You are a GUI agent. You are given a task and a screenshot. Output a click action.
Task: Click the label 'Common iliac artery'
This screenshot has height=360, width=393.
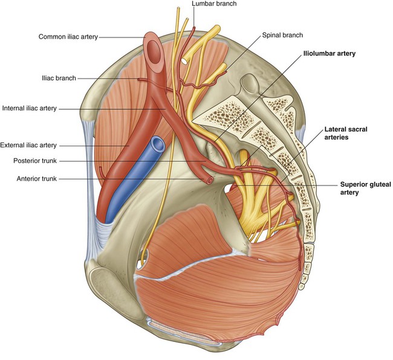pos(68,37)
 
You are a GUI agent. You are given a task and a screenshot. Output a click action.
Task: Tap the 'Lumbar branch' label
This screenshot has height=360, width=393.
pos(214,4)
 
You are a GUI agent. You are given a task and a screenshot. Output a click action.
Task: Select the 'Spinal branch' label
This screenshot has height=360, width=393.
pos(282,35)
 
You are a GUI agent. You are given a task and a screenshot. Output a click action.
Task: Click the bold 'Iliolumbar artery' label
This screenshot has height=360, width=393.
pos(330,54)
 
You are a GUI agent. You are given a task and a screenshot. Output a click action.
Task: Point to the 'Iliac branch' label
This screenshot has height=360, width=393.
pos(59,78)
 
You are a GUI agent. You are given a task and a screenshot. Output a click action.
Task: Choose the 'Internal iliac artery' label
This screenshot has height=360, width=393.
pos(30,108)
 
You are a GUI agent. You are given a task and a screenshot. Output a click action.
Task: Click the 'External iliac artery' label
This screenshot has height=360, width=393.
pos(28,145)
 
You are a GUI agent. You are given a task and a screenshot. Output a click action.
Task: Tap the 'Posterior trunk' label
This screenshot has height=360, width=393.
pos(35,161)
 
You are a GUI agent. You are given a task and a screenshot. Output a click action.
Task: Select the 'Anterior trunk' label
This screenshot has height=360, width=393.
pos(37,179)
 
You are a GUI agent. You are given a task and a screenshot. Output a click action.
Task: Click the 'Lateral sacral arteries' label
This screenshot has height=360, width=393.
pos(346,133)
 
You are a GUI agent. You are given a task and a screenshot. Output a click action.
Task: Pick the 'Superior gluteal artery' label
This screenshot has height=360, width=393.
pos(365,188)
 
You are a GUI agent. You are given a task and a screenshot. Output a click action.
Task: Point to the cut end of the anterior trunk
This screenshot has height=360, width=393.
pos(210,180)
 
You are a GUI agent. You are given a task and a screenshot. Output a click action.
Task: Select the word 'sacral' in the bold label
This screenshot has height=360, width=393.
pos(357,129)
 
